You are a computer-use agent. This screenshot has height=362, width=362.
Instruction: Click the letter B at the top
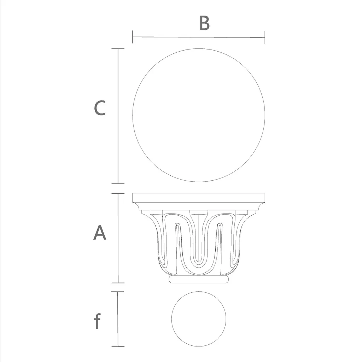pos(205,23)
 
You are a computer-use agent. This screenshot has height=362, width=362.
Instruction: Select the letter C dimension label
pos(100,108)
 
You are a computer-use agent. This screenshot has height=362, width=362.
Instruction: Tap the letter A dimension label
pos(100,233)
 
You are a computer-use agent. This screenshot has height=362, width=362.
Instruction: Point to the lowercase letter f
pos(98,321)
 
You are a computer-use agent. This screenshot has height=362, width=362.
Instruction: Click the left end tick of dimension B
pos(133,37)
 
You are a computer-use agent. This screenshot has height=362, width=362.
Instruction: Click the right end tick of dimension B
pos(265,37)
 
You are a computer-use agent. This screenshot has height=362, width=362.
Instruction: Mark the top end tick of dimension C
pos(118,49)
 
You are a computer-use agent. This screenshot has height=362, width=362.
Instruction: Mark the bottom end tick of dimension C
pos(118,183)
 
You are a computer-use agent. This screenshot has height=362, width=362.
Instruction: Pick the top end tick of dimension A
pos(118,193)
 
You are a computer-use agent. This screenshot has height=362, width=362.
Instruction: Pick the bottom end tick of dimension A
pos(118,283)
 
